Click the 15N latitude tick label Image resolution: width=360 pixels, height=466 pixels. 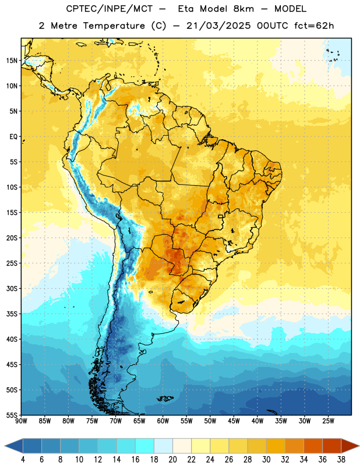tap(12, 61)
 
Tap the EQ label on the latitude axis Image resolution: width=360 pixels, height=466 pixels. tap(13, 137)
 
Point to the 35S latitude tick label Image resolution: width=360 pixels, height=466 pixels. tap(12, 314)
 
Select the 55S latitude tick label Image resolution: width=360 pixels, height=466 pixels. tap(12, 415)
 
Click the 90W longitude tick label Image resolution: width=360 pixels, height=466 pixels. tap(21, 421)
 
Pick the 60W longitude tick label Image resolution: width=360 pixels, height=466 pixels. tap(163, 421)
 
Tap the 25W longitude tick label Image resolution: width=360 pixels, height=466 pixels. tap(328, 421)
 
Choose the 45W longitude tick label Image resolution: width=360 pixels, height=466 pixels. tap(234, 421)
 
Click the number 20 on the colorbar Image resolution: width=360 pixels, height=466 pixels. tap(172, 460)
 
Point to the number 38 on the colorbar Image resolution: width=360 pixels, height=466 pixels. tap(341, 460)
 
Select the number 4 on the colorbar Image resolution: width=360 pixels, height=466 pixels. tap(23, 460)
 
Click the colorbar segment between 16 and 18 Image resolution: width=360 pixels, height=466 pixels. tap(145, 446)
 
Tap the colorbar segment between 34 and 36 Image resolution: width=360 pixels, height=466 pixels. tap(313, 446)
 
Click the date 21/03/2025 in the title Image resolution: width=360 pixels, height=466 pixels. tap(218, 26)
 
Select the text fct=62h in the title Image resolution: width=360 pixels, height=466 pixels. tap(314, 26)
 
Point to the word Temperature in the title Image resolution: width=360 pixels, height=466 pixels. tap(114, 26)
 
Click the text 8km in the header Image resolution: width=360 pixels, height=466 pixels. tap(243, 9)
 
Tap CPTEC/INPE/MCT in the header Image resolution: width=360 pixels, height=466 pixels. tap(110, 9)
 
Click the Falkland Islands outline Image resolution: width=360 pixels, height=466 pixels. tap(165, 398)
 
